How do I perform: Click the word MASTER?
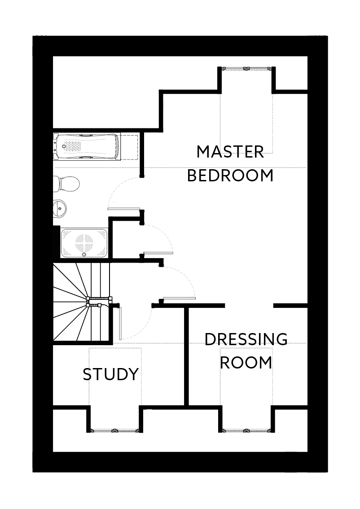[230, 152]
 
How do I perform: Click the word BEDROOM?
[230, 176]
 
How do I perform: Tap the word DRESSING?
[246, 339]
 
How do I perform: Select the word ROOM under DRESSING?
[246, 362]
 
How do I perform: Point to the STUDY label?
[110, 374]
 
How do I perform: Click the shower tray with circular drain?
[84, 243]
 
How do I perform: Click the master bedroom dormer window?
[246, 69]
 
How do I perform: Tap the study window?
[114, 430]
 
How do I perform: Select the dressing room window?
[246, 430]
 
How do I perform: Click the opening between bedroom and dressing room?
[249, 306]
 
